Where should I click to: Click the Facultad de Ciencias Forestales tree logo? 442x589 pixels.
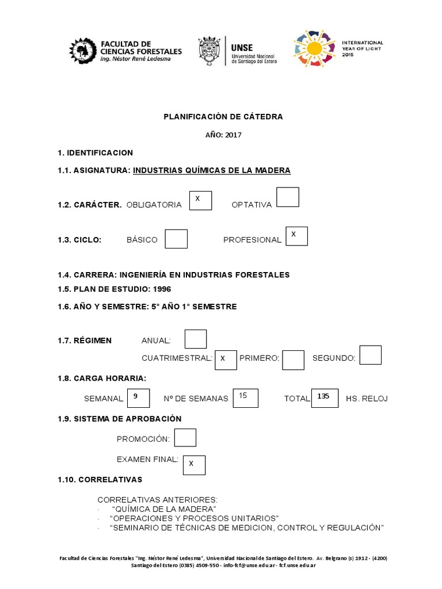click(x=83, y=51)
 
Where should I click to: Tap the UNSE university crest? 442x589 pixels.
click(x=209, y=51)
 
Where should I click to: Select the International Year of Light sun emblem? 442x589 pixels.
click(x=314, y=49)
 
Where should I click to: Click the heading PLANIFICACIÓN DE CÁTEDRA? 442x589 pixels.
click(x=223, y=116)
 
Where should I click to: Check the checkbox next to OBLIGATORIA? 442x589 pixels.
click(x=201, y=201)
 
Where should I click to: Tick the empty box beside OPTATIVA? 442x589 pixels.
click(x=288, y=197)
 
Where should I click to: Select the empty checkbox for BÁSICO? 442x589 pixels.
click(x=176, y=239)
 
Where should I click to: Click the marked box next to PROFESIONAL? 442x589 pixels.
click(x=296, y=236)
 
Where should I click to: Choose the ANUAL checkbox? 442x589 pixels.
click(x=196, y=339)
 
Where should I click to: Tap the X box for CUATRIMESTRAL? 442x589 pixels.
click(x=226, y=359)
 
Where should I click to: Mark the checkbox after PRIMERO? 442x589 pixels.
click(x=293, y=359)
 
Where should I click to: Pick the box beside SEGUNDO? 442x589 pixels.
click(x=370, y=355)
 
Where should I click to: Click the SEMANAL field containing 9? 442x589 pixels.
click(x=139, y=398)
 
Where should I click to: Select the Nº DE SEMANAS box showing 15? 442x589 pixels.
click(x=246, y=398)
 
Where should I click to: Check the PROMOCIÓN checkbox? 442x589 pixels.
click(x=185, y=438)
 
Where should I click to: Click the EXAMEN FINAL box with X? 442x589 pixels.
click(x=194, y=465)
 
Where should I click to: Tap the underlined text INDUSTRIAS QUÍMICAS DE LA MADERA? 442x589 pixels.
click(x=212, y=170)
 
